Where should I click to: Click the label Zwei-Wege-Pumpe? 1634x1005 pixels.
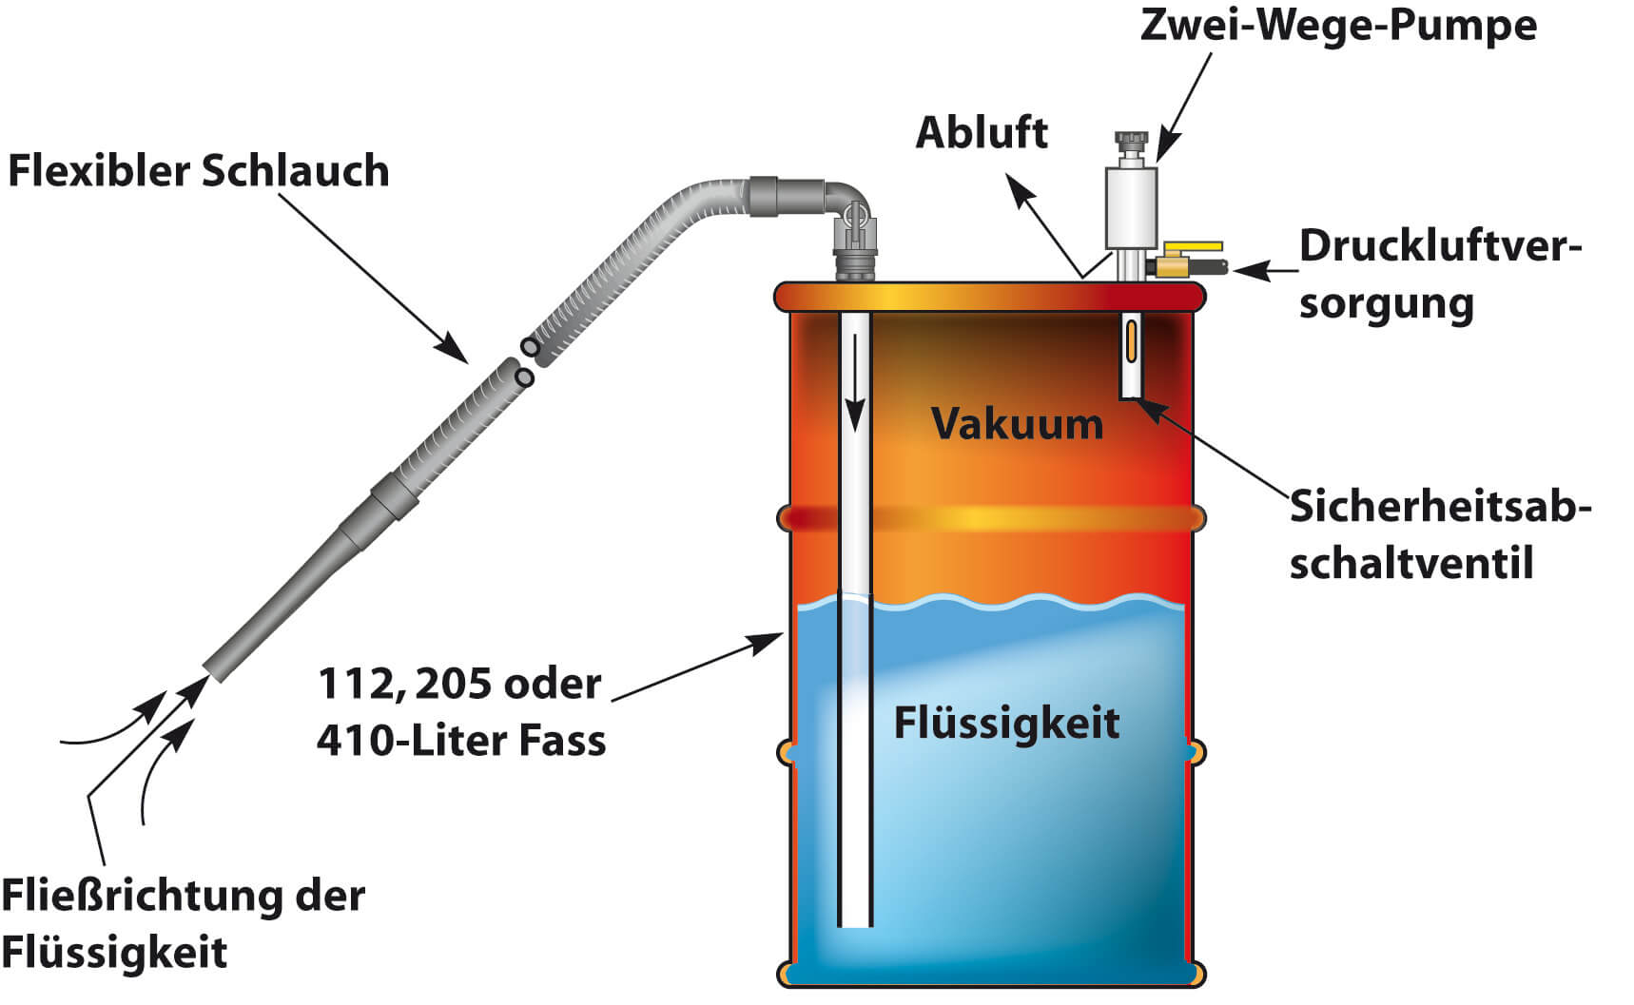point(1337,26)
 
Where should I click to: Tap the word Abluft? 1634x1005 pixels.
point(981,133)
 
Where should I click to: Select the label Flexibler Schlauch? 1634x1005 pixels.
point(199,172)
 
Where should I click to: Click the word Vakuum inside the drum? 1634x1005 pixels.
point(1017,424)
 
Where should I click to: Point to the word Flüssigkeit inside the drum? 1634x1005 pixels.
point(1006,724)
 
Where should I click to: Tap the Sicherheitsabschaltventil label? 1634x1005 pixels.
point(1438,534)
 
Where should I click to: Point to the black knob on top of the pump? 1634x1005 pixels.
point(1131,144)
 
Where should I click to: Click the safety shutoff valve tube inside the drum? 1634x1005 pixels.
point(1130,356)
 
